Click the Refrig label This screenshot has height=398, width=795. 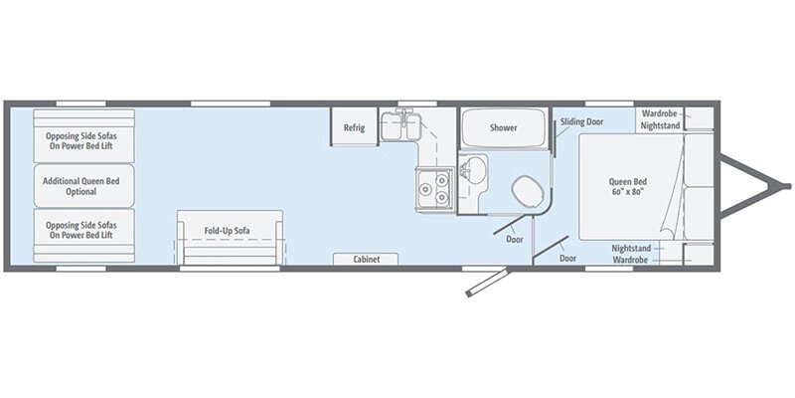pos(355,127)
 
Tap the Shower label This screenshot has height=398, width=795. pos(503,127)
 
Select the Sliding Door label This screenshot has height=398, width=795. pos(581,121)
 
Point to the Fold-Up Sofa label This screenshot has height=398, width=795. pos(227,231)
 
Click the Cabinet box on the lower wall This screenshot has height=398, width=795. pos(366,259)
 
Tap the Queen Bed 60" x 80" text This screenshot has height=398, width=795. pos(627,186)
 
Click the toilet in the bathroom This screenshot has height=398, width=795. pos(523,188)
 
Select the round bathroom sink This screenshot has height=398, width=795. pos(474,169)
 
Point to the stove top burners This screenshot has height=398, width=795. pos(434,186)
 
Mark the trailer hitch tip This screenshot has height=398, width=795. pos(785,184)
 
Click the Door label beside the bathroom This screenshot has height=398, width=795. pos(515,239)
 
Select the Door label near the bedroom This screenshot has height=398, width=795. pos(567,258)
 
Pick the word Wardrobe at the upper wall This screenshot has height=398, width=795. pos(659,113)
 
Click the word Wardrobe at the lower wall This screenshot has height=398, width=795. pos(630,259)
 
